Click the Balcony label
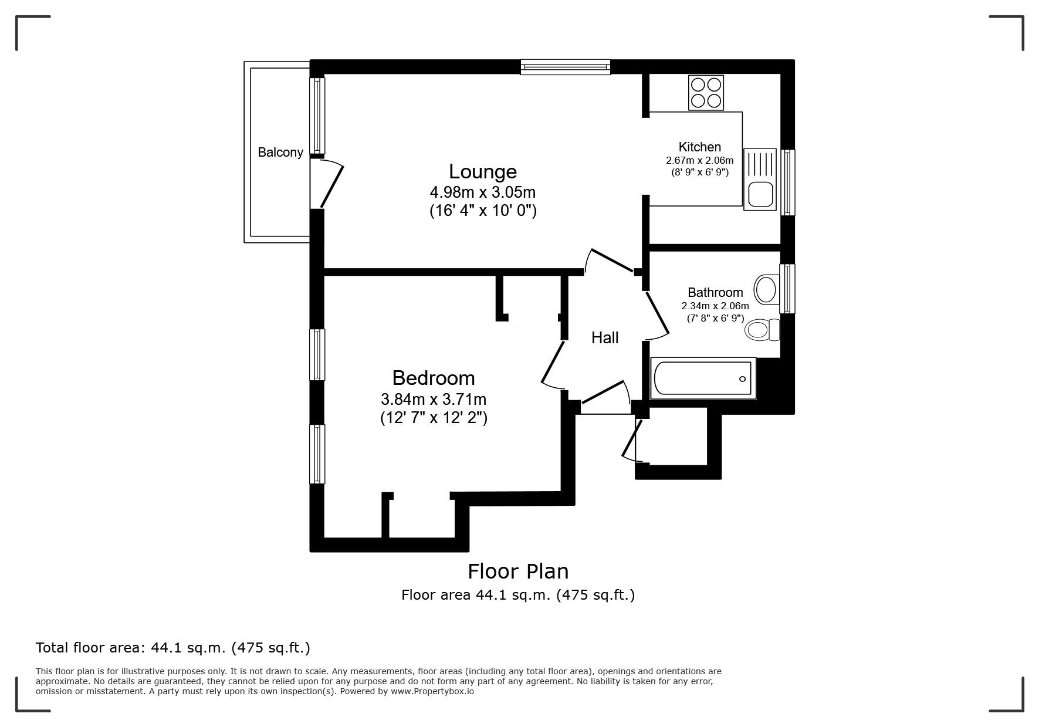(280, 153)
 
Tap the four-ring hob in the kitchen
(706, 93)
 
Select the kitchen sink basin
(760, 194)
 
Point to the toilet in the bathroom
(761, 330)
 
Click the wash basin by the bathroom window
(766, 289)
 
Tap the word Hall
(605, 338)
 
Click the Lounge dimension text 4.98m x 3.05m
(483, 192)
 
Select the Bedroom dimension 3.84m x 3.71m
(434, 400)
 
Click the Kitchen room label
(699, 147)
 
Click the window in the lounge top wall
(565, 67)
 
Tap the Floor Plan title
(518, 571)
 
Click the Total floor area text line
(173, 648)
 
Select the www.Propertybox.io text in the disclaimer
(432, 691)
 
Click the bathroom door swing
(658, 316)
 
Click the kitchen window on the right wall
(787, 182)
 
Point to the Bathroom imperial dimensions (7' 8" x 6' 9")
(715, 319)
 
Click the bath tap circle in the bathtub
(742, 379)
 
